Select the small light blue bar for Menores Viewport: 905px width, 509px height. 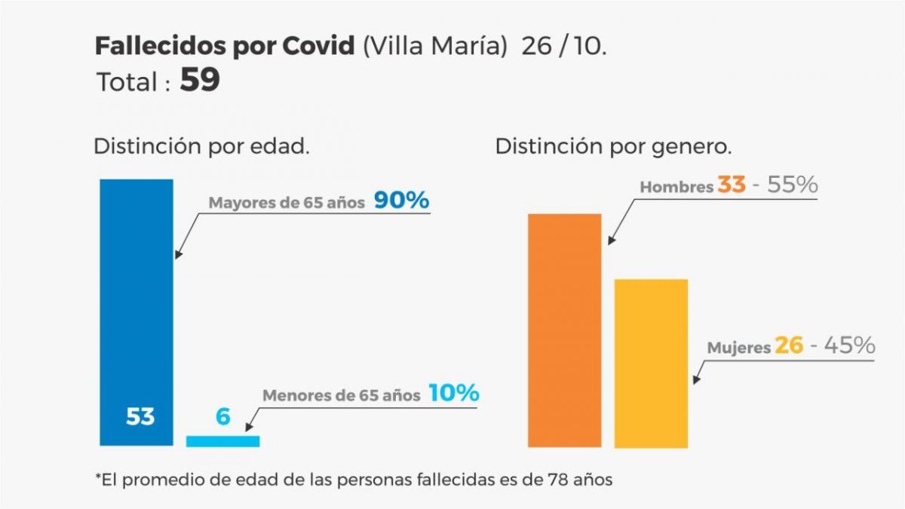coord(222,441)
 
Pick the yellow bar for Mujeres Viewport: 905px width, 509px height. coord(651,363)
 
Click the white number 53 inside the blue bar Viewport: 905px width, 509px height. coord(140,416)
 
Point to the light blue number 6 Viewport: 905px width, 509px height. coord(222,416)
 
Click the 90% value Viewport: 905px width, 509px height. coord(401,201)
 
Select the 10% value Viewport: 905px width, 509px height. coord(453,393)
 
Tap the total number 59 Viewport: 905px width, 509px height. coord(200,81)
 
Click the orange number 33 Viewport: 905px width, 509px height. coord(731,185)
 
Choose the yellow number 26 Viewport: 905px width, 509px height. coord(789,346)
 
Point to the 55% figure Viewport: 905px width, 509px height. coord(793,185)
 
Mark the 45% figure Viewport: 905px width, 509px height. coord(849,346)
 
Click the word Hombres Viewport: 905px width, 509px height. coord(676,187)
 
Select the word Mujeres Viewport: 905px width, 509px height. coord(739,348)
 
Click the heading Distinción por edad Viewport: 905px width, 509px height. coord(201,146)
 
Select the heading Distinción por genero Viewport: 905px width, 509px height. coord(613,146)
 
